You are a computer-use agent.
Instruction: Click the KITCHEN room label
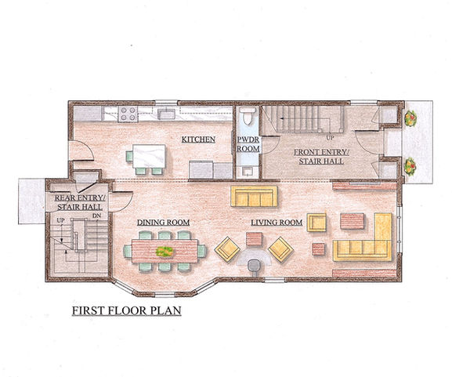pos(198,140)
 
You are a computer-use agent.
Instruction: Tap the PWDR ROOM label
pos(248,144)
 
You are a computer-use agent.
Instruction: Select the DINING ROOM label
pos(163,223)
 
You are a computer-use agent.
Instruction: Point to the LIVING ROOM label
pos(277,223)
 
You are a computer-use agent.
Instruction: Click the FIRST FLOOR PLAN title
pos(127,310)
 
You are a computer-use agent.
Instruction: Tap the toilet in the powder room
pos(248,116)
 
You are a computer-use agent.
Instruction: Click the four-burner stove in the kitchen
pos(128,114)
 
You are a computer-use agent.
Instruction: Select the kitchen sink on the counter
pos(166,114)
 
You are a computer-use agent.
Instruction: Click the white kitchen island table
pos(149,156)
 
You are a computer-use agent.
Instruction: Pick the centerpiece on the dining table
pos(165,252)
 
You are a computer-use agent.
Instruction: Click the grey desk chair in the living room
pos(254,266)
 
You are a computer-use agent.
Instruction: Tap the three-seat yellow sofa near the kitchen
pos(254,196)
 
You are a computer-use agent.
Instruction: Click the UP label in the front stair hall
pos(330,138)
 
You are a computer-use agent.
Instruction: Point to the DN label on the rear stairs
pos(96,216)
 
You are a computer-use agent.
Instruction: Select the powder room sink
pos(248,171)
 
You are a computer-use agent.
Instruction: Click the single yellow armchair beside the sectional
pos(316,223)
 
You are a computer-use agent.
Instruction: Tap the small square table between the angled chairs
pos(255,239)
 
